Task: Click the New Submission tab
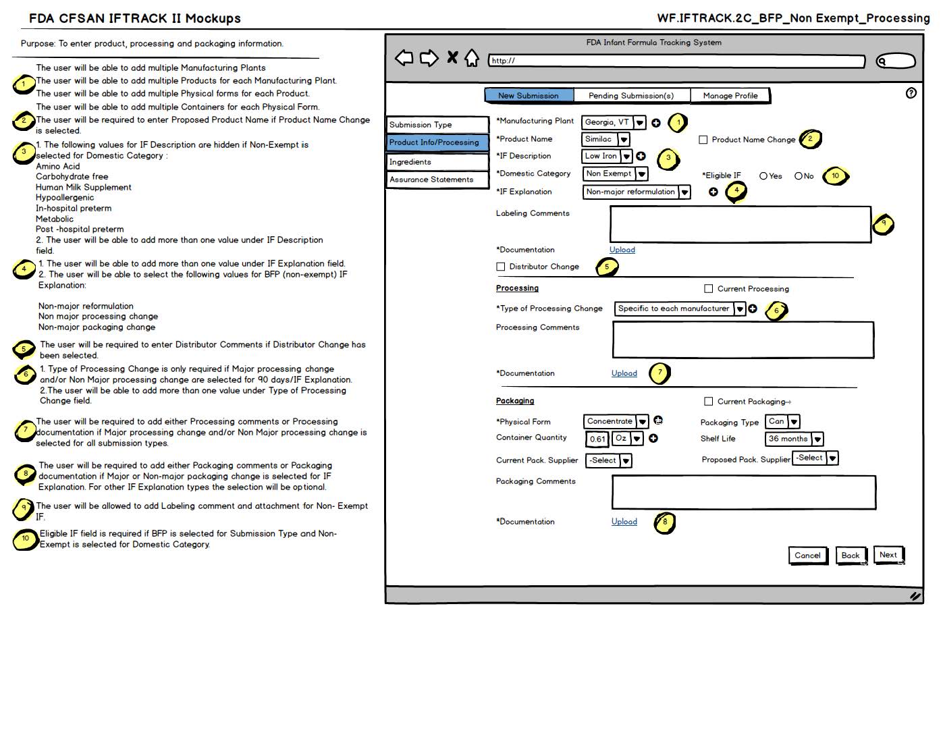[x=529, y=96]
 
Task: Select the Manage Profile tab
[x=730, y=96]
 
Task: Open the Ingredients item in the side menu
[x=437, y=162]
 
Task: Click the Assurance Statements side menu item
[x=437, y=180]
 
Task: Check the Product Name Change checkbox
[x=703, y=140]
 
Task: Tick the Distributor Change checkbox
[x=501, y=267]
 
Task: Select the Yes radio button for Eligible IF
[x=763, y=176]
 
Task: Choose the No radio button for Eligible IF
[x=799, y=176]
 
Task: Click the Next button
[x=888, y=555]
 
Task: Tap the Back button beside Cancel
[x=851, y=556]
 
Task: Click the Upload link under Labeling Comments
[x=622, y=250]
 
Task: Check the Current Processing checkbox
[x=709, y=289]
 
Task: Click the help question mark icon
[x=911, y=93]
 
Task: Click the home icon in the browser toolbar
[x=472, y=58]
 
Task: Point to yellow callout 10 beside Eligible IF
[x=836, y=176]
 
